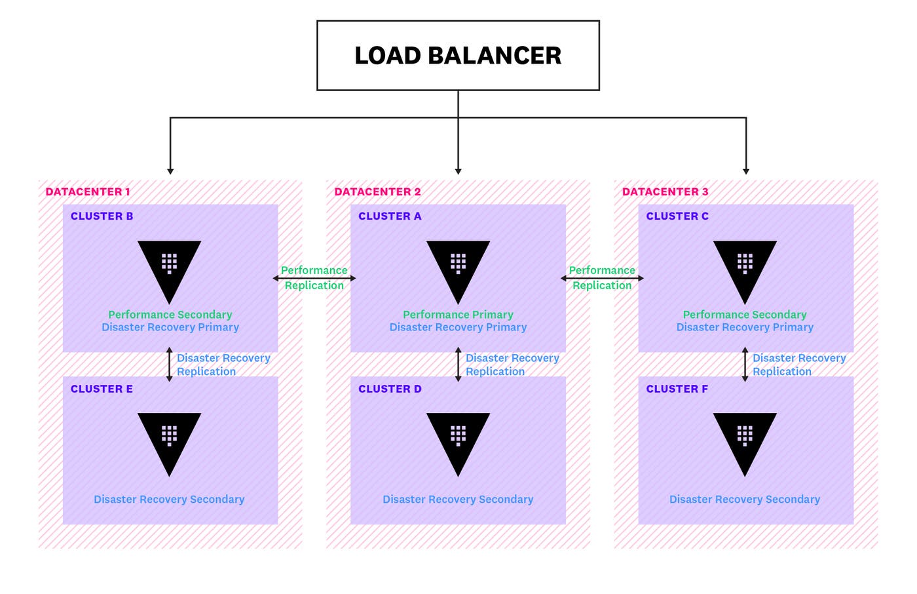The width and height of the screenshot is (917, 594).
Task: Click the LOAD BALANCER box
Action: pyautogui.click(x=458, y=56)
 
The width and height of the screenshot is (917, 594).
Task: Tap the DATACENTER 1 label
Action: pyautogui.click(x=88, y=191)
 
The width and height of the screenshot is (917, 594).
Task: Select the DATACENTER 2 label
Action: pyautogui.click(x=377, y=191)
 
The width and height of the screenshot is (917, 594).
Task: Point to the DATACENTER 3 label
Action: pyautogui.click(x=665, y=191)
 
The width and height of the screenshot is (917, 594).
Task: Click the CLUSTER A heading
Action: pyautogui.click(x=390, y=216)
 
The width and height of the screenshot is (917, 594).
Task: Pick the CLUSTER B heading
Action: pyautogui.click(x=102, y=216)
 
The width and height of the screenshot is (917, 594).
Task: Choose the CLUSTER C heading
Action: pyautogui.click(x=677, y=216)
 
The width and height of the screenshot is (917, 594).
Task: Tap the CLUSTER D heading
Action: pyautogui.click(x=390, y=389)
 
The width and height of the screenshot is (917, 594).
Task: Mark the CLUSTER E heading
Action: pyautogui.click(x=102, y=389)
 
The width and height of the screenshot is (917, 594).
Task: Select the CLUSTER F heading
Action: pyautogui.click(x=677, y=389)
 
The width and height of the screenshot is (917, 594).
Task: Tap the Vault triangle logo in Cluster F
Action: pyautogui.click(x=745, y=439)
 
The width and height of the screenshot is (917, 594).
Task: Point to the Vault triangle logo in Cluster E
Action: pyautogui.click(x=169, y=439)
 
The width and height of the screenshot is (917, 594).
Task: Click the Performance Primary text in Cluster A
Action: pyautogui.click(x=458, y=315)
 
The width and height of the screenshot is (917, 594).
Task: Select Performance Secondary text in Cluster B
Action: pyautogui.click(x=170, y=315)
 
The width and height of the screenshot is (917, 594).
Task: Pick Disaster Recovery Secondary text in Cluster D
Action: pyautogui.click(x=458, y=500)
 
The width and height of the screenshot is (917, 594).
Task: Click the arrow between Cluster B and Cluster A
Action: pyautogui.click(x=314, y=278)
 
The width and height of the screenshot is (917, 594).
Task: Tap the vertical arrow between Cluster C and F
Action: pyautogui.click(x=745, y=365)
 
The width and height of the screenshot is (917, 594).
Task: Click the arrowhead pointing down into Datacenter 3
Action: pyautogui.click(x=746, y=171)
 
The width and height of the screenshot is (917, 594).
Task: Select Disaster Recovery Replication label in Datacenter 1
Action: pyautogui.click(x=223, y=365)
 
